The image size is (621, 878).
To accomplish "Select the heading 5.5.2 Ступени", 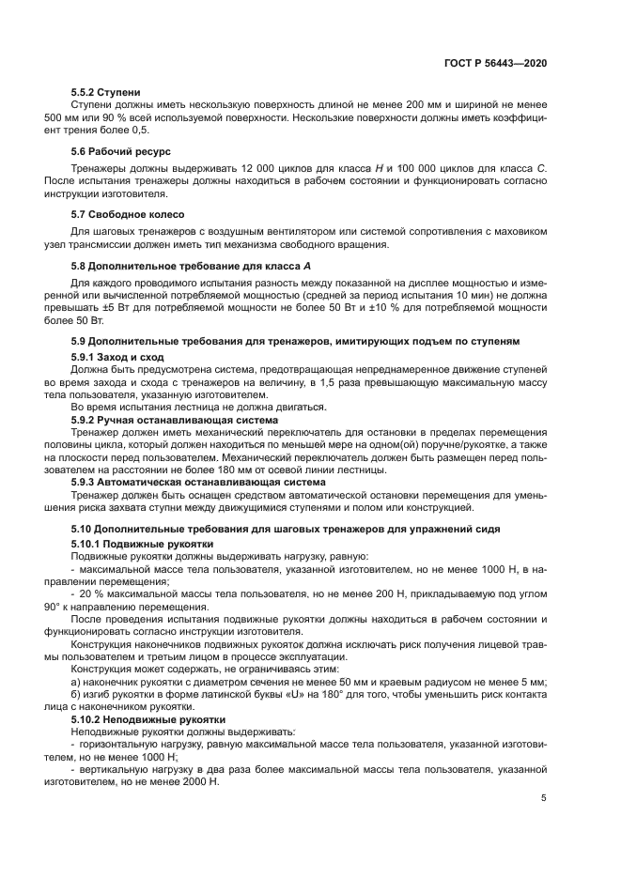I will (x=106, y=92).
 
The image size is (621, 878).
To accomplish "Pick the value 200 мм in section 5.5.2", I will (x=365, y=105).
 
